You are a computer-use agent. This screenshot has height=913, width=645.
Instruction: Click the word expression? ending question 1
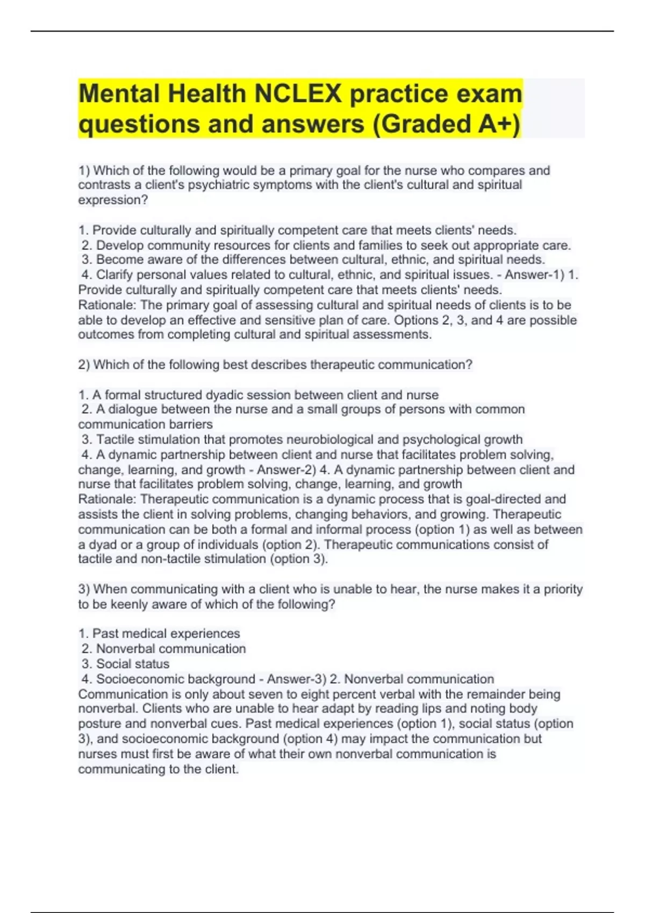click(x=113, y=200)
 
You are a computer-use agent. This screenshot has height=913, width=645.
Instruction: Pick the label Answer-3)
click(x=296, y=679)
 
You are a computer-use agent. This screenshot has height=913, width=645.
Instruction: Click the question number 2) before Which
click(x=84, y=365)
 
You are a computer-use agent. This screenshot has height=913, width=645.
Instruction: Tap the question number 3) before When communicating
click(x=84, y=589)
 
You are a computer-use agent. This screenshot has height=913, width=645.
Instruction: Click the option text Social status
click(x=133, y=664)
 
